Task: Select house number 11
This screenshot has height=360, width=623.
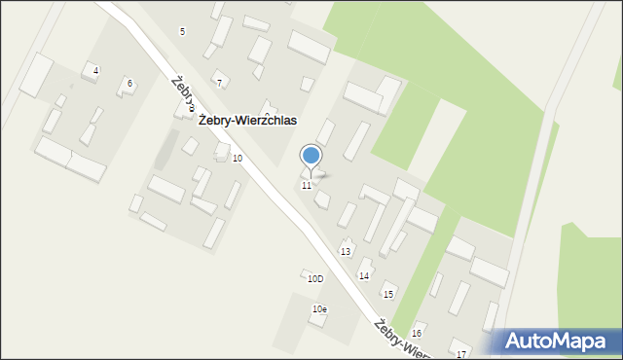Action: coord(307,185)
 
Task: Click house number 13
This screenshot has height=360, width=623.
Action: coord(346,251)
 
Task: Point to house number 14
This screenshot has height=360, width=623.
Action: coord(364,275)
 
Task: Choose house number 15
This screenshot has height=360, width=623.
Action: coord(387,294)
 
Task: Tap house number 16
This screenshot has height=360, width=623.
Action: coord(417,333)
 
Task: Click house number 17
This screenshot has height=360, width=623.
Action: coord(461,352)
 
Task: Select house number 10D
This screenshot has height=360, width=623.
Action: coord(314,279)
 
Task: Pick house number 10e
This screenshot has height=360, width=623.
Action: coord(319,308)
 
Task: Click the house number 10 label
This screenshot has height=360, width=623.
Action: coord(238,158)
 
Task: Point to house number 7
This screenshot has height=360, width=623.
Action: coord(219,83)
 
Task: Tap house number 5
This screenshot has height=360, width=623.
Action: coord(182,32)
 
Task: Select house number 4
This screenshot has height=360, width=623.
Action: coord(95,71)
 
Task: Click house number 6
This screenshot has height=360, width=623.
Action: coord(129,84)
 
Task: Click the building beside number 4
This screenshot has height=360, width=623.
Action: coord(37,75)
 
